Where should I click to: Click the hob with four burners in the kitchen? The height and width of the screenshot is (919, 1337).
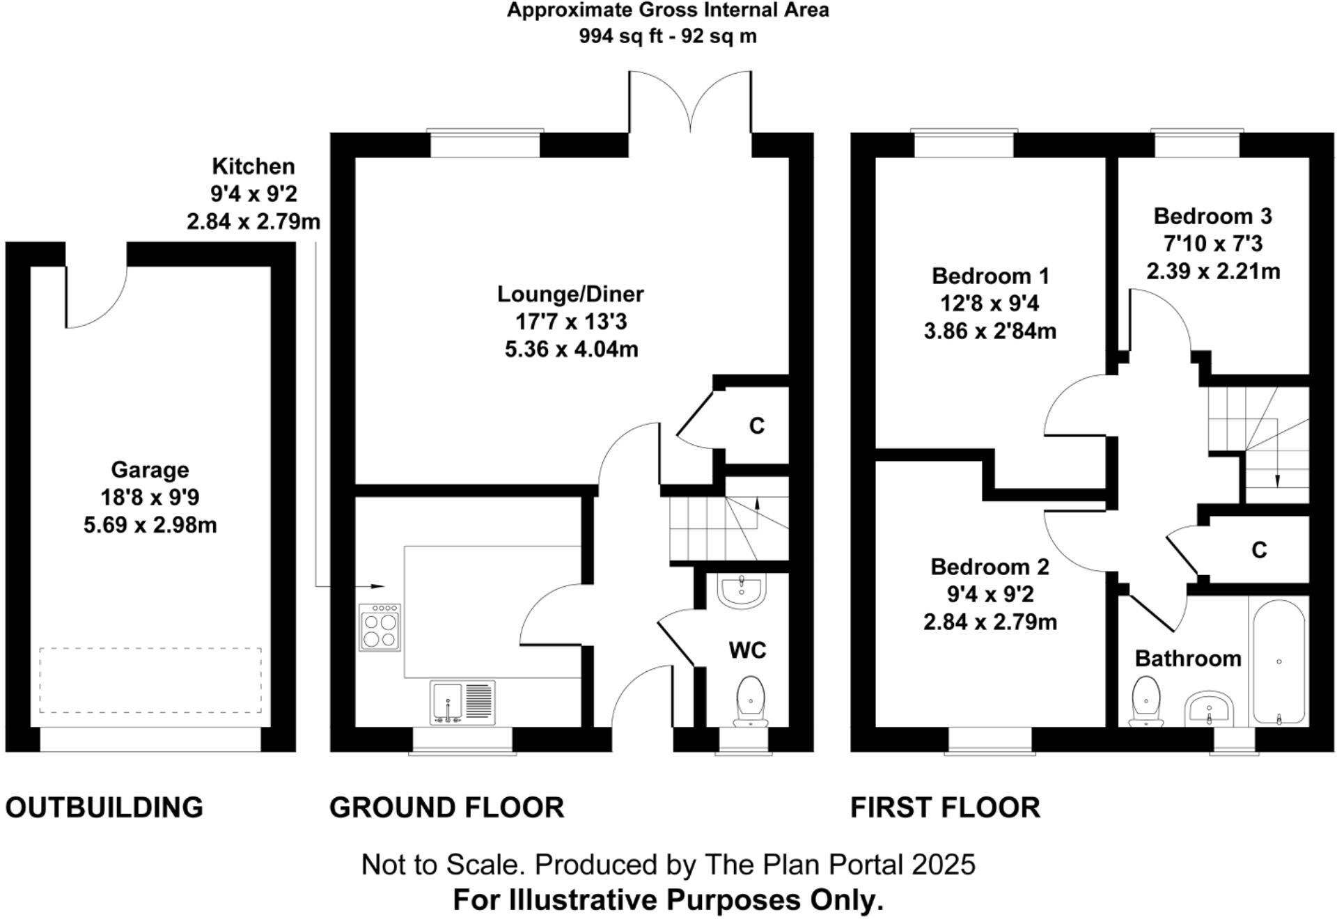[x=380, y=627]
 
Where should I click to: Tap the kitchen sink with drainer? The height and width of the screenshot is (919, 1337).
[x=462, y=702]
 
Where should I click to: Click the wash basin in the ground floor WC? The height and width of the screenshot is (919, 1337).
[x=741, y=590]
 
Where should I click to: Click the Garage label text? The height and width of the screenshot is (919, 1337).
[x=150, y=470]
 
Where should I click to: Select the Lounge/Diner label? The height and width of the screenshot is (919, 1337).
[x=570, y=294]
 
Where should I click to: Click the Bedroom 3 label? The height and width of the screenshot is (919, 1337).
[x=1212, y=217]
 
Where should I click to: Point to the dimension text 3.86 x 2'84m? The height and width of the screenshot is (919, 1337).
[x=990, y=331]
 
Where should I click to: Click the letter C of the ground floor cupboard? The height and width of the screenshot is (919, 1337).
[x=756, y=425]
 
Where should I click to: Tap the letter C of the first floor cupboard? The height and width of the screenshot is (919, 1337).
[x=1258, y=550]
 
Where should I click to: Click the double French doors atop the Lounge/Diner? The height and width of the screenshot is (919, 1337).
[x=690, y=104]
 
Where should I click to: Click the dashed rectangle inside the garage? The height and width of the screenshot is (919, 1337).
[x=150, y=680]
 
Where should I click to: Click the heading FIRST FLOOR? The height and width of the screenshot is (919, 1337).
[x=945, y=808]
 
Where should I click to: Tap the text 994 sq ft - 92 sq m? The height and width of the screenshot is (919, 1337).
[x=667, y=36]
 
